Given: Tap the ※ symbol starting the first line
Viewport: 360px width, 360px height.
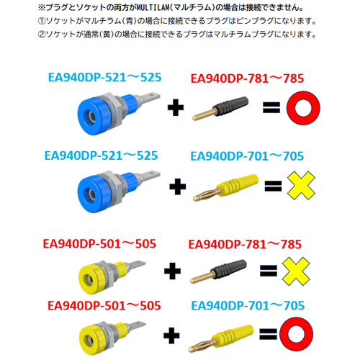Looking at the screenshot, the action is (x=42, y=8).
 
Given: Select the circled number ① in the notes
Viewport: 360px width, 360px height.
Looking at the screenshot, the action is (x=42, y=21).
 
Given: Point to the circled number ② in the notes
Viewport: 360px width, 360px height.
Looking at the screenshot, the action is (x=42, y=35).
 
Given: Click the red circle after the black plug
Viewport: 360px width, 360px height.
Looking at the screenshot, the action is (x=303, y=108).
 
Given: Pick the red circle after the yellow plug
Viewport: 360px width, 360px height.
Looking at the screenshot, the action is (x=296, y=333).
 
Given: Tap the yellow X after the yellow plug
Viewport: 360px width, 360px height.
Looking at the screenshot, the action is (x=301, y=185).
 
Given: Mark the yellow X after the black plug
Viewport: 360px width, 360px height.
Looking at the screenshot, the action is (x=296, y=271).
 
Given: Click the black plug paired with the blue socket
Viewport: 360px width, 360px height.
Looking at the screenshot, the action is (x=220, y=108).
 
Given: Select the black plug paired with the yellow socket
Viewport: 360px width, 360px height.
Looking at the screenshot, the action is (x=218, y=271).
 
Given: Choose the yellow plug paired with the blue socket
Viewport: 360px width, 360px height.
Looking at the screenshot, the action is (x=226, y=188).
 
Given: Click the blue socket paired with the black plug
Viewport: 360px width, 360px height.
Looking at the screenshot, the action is (x=119, y=114).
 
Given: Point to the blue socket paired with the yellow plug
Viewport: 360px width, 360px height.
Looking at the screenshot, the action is (x=119, y=192).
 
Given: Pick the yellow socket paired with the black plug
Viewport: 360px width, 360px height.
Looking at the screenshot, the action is (x=112, y=277).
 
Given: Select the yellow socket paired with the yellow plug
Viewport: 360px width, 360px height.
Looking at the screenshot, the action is (x=112, y=338).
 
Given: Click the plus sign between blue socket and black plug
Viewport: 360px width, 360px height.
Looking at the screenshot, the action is (x=176, y=107).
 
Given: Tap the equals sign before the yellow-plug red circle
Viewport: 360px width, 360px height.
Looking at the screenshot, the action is (x=268, y=334).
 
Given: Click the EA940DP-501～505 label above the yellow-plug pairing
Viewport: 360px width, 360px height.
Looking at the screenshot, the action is (x=104, y=306).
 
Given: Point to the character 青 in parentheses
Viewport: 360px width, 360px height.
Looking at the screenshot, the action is (x=130, y=21).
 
